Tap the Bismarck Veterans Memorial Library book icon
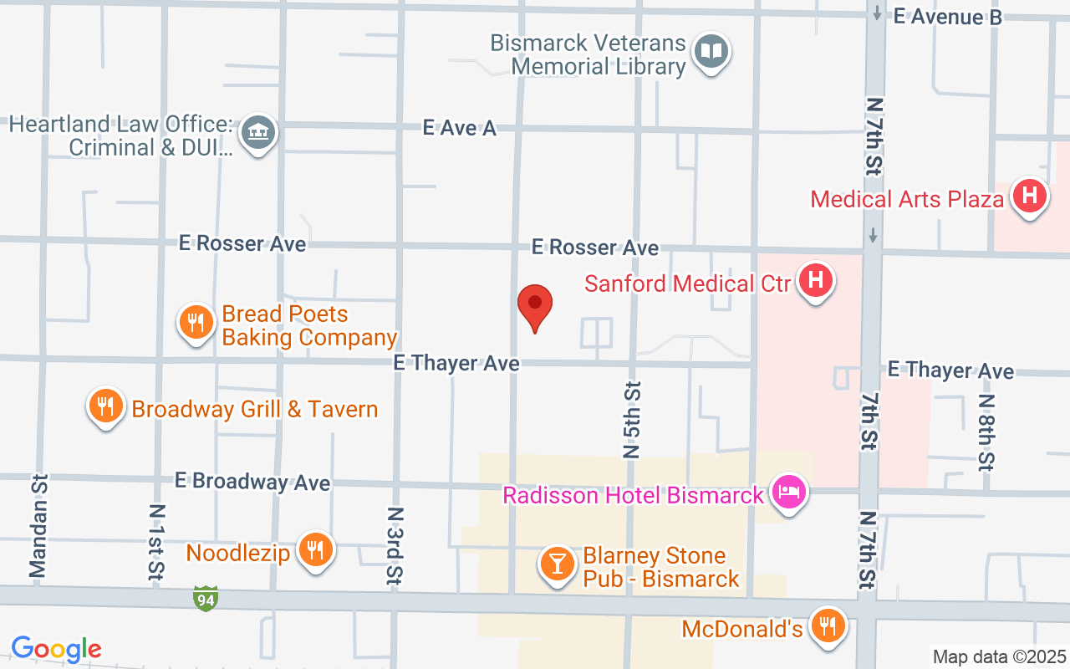tap(711, 52)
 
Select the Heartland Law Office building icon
tap(259, 133)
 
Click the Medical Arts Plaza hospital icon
tap(1029, 197)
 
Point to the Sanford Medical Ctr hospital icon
tap(816, 280)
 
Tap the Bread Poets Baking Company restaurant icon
tap(196, 322)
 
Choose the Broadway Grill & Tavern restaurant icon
tap(105, 406)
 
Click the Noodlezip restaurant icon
tap(315, 550)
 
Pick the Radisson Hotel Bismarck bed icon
tap(788, 492)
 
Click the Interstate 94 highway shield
tap(206, 598)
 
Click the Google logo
tap(57, 649)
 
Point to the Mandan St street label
tap(38, 526)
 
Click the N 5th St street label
tap(632, 420)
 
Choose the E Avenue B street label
tap(947, 16)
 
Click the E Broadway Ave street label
tap(252, 482)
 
